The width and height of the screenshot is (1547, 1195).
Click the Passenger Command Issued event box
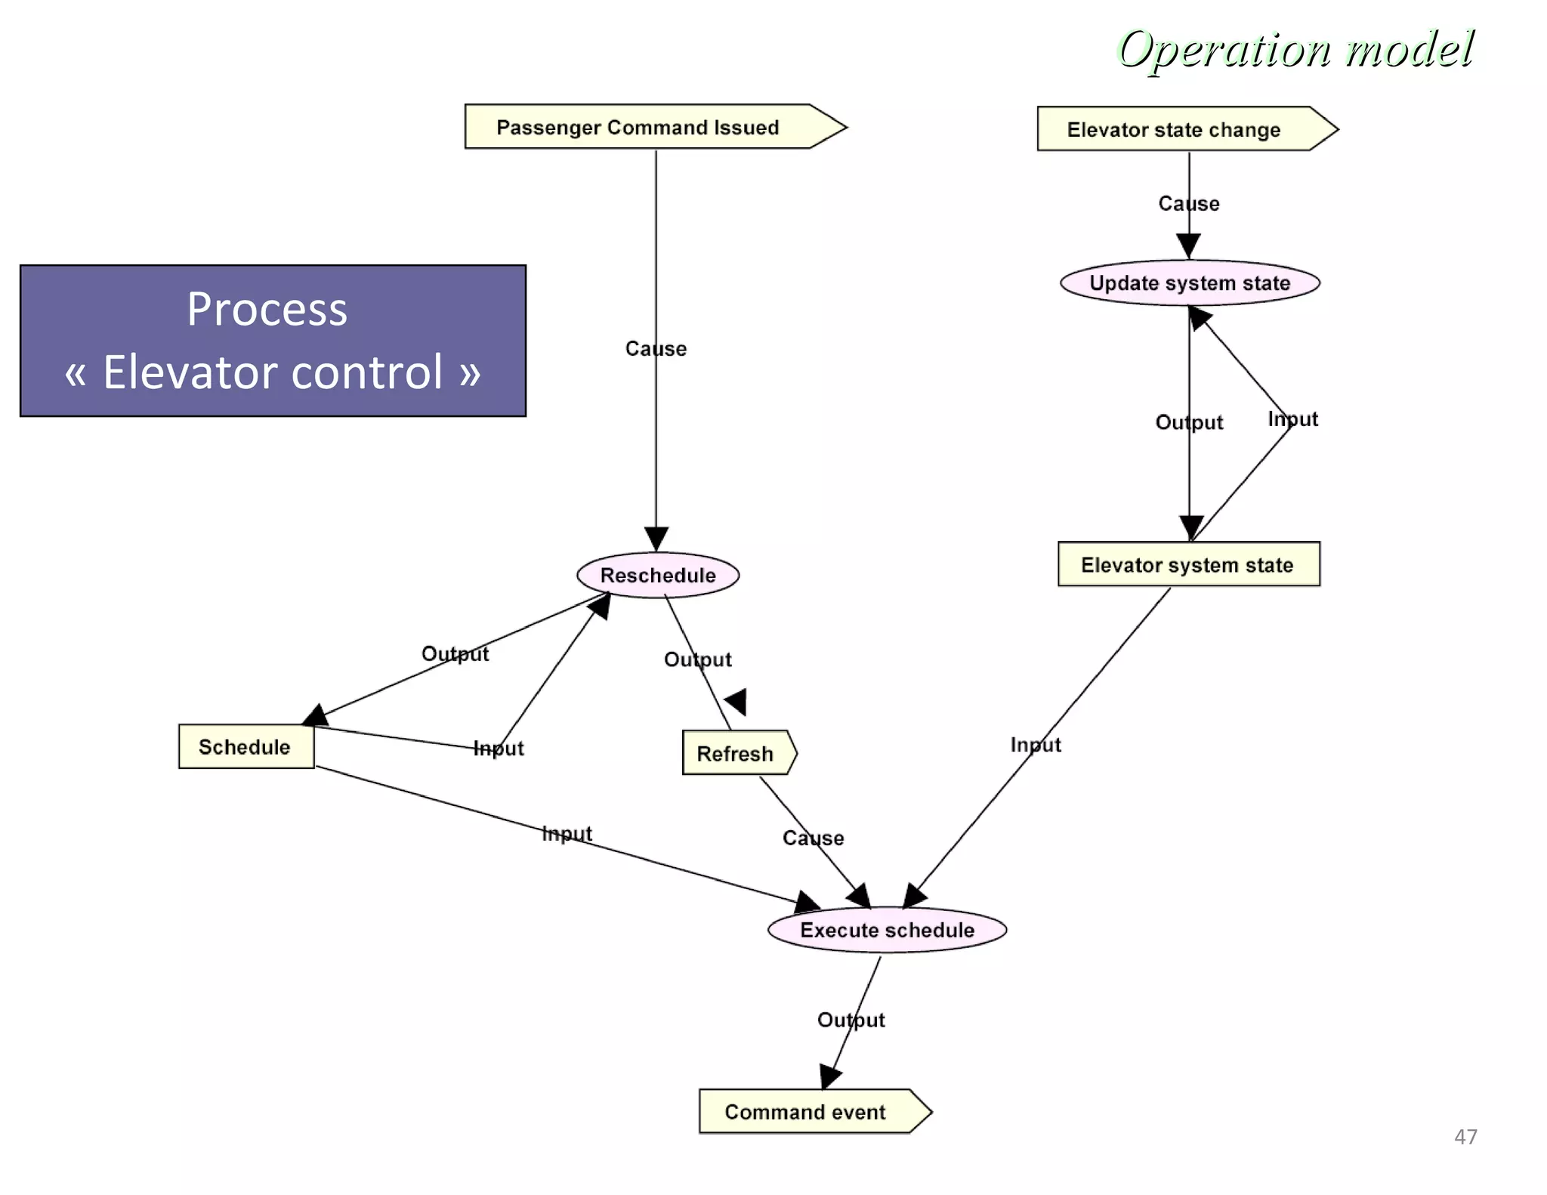coord(638,127)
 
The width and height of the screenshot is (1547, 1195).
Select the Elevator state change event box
coord(1174,130)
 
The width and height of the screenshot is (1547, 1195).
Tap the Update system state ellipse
coord(1190,283)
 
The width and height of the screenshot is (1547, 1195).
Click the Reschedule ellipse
coord(658,576)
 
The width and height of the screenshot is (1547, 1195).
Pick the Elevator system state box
coord(1187,565)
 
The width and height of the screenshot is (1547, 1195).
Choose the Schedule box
coord(245,747)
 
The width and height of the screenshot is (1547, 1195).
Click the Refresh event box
coord(736,753)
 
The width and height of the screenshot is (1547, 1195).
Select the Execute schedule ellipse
coord(887,930)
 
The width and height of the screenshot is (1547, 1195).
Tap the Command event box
coord(806,1112)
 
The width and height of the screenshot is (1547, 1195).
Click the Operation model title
coord(1294,50)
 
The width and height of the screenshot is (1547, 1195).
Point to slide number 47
coord(1465,1137)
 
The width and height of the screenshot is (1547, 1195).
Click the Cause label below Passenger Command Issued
coord(656,349)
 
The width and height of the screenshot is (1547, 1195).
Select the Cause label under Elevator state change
coord(1189,204)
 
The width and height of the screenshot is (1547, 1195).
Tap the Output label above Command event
coord(851,1021)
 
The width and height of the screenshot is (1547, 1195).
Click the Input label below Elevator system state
coord(1036,745)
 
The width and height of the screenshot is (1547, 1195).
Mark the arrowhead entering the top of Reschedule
coord(656,538)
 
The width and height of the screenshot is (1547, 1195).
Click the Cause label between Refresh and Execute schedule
coord(813,838)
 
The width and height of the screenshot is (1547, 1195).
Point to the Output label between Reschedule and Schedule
coord(455,654)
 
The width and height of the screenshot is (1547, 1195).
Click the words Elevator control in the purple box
coord(272,372)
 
